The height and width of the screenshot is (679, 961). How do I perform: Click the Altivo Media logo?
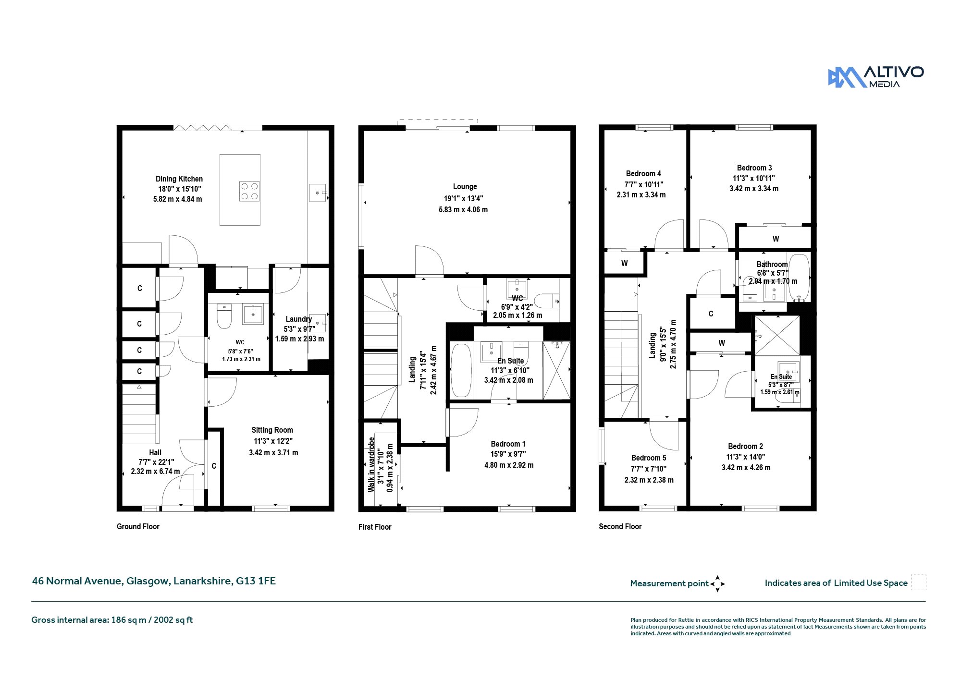[x=875, y=77]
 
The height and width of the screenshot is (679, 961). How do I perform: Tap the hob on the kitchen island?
[x=249, y=191]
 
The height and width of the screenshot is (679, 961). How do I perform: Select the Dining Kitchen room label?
[x=179, y=179]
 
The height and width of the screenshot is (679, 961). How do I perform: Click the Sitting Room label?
[x=272, y=430]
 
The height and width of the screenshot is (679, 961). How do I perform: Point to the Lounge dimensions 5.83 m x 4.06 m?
[x=463, y=209]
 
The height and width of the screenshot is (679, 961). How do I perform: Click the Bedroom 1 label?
[x=508, y=444]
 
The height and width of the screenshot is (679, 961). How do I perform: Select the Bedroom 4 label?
[x=643, y=173]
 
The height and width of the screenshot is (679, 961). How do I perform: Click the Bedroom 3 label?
[x=754, y=168]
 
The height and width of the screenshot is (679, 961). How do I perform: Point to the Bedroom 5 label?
[x=649, y=458]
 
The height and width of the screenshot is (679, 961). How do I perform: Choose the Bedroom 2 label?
[x=745, y=446]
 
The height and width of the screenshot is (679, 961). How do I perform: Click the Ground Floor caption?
[x=138, y=526]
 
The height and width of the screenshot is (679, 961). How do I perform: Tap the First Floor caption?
[x=375, y=527]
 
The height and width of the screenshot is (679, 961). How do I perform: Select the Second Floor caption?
[x=620, y=526]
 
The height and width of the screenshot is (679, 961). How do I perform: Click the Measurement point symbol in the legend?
[x=717, y=584]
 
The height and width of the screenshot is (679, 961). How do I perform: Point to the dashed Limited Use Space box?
[x=918, y=582]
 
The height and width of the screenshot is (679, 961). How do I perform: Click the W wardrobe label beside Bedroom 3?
[x=776, y=239]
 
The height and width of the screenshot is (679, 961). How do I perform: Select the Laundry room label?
[x=299, y=319]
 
